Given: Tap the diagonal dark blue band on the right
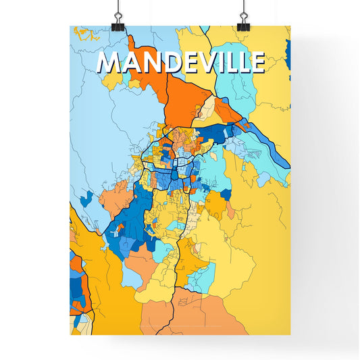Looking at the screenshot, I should (267, 145).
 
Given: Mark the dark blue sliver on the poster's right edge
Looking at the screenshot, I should (288, 51).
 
